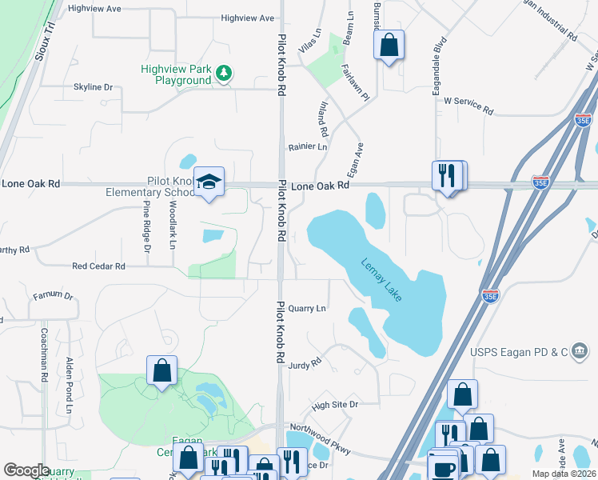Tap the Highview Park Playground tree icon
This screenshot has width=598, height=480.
[226, 74]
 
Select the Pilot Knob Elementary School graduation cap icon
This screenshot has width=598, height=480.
[208, 182]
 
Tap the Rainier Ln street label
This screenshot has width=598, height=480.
[308, 147]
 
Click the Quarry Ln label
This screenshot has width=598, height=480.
[308, 308]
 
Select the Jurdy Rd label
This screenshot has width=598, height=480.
[305, 363]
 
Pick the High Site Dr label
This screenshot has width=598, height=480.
[335, 406]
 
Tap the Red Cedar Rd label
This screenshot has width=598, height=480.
[98, 266]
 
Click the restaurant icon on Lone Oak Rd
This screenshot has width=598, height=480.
[448, 174]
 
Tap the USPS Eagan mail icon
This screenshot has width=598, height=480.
[580, 350]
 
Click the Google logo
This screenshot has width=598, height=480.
[27, 470]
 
